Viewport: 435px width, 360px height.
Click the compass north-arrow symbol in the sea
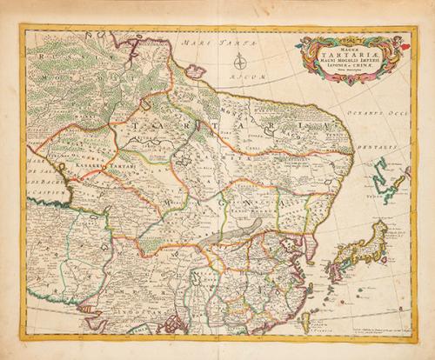click(x=245, y=60)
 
